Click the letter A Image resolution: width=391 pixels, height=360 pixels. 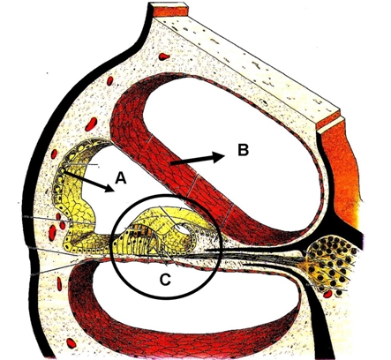[121, 178]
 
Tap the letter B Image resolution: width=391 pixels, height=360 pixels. [243, 150]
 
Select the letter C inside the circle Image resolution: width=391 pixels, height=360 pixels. [165, 280]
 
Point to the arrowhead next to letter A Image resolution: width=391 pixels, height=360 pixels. [109, 188]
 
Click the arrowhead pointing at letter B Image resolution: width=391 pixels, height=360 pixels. [219, 157]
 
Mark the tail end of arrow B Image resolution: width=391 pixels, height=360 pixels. [171, 163]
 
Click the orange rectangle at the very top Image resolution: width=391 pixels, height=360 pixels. [170, 11]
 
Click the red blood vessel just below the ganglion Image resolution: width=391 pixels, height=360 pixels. [327, 294]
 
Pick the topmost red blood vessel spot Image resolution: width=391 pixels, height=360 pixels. [163, 56]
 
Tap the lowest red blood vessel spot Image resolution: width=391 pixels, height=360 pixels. [71, 343]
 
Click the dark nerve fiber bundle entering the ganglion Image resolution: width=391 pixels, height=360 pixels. [253, 254]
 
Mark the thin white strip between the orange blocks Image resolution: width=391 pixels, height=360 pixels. [330, 124]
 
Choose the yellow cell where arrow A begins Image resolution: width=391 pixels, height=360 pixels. [63, 170]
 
